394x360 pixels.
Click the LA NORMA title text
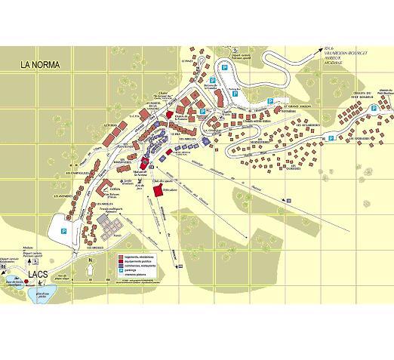[45, 65]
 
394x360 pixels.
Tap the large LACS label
[39, 275]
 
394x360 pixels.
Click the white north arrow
[90, 268]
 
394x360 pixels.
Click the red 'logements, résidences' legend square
[119, 257]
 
